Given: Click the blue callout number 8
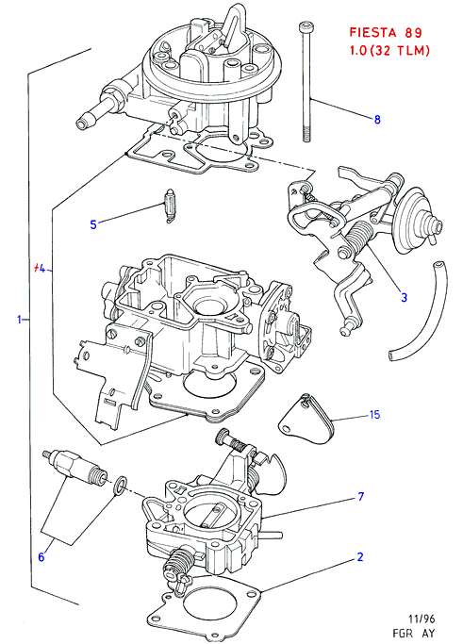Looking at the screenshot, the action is click(x=377, y=120).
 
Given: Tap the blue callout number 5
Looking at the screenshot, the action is click(x=93, y=224).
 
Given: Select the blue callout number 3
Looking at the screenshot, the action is click(x=404, y=297).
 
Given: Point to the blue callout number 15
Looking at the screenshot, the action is click(x=374, y=415).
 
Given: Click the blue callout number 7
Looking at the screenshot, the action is click(x=360, y=497).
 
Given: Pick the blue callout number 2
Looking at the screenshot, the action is click(x=360, y=557).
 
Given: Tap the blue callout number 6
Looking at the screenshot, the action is click(x=41, y=557).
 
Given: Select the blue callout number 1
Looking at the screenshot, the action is click(x=19, y=319).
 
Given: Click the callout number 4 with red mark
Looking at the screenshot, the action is click(x=40, y=269).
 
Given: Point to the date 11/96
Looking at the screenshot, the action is click(x=422, y=619).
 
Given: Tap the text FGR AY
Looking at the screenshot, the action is click(x=414, y=634).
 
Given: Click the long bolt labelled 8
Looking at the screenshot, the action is click(x=305, y=81).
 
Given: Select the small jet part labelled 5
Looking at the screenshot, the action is click(x=169, y=206).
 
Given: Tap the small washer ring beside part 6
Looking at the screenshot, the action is click(x=120, y=485).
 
